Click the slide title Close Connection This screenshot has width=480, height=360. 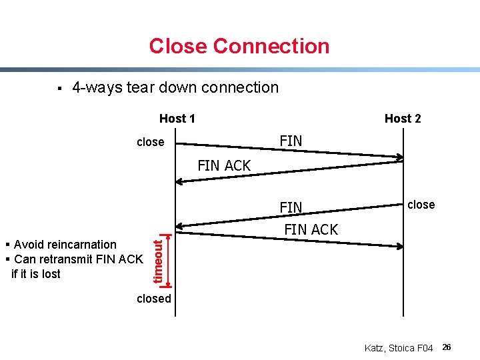click(x=239, y=46)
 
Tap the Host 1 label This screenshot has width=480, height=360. click(x=177, y=119)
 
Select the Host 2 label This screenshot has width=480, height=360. click(x=403, y=119)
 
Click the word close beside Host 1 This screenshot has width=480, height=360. click(x=150, y=142)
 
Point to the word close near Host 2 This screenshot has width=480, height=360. click(x=421, y=205)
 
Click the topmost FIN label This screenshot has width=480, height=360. click(x=291, y=141)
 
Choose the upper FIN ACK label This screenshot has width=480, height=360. click(x=224, y=166)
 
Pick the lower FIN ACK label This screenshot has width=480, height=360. click(x=311, y=229)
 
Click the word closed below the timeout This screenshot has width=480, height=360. click(x=154, y=299)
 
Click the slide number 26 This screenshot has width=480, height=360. click(x=447, y=347)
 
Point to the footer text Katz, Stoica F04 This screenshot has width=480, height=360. click(x=399, y=348)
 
